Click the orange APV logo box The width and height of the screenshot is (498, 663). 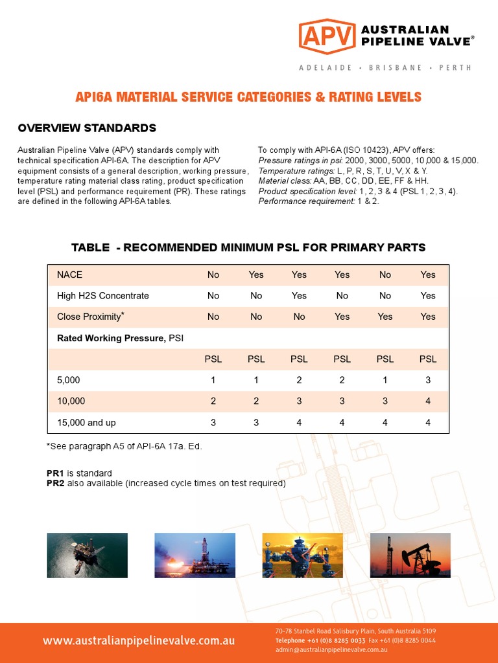(327, 36)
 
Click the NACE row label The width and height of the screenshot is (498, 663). (70, 275)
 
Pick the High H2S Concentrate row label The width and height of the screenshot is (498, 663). (103, 295)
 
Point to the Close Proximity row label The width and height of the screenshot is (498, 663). (91, 317)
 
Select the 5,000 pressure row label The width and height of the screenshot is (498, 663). (69, 380)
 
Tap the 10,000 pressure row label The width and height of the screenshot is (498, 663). (71, 401)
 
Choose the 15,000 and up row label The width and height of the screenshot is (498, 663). (87, 422)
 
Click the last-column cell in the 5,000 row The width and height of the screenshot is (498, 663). (428, 380)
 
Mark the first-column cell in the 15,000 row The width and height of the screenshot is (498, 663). (213, 422)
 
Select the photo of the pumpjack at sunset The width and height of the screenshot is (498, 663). (410, 555)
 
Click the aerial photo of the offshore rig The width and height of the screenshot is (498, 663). (87, 555)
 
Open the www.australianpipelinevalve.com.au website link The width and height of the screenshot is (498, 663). (139, 641)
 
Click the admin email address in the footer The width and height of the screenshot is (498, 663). (331, 649)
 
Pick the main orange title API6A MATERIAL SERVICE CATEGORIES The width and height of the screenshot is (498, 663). (249, 97)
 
